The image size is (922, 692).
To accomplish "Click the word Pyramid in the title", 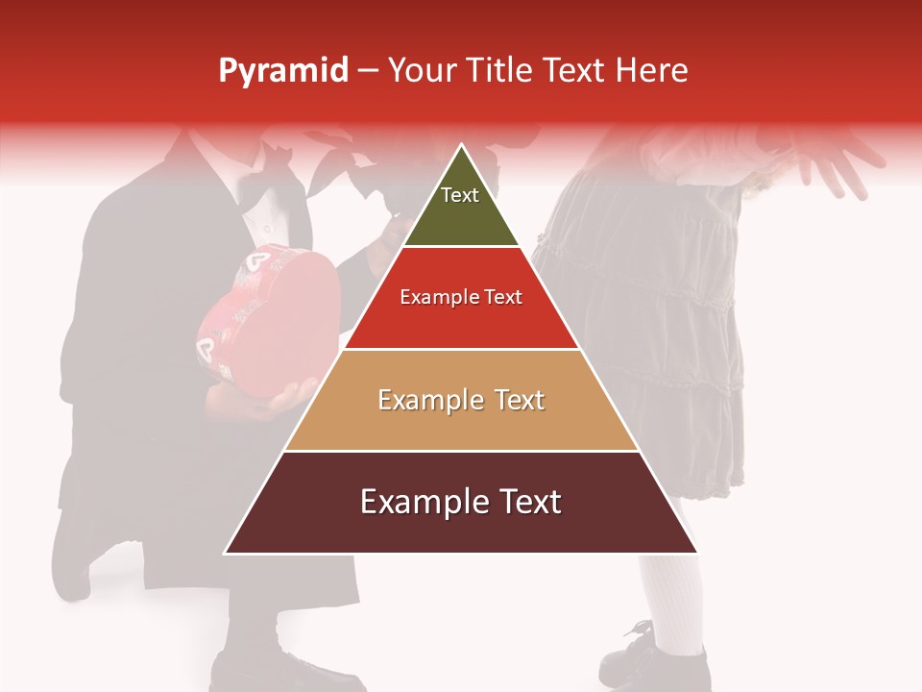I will [x=283, y=71].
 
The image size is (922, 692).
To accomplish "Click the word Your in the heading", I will [x=420, y=71].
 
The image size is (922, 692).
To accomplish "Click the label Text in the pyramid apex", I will [x=460, y=195].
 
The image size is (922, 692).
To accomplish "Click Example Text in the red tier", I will [x=461, y=297].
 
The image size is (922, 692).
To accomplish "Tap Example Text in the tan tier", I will [x=461, y=400].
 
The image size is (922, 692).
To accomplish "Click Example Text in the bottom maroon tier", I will [x=461, y=502].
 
